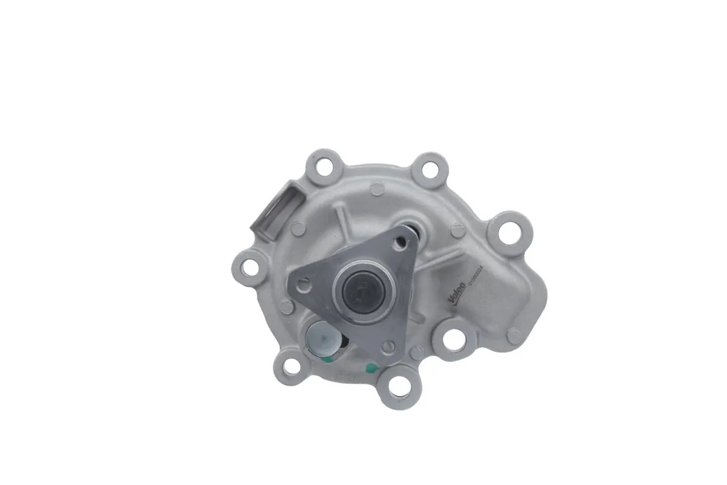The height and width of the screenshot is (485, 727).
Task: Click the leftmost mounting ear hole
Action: coord(248,265)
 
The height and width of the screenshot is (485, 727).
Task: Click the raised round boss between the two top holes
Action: coord(377,189)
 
